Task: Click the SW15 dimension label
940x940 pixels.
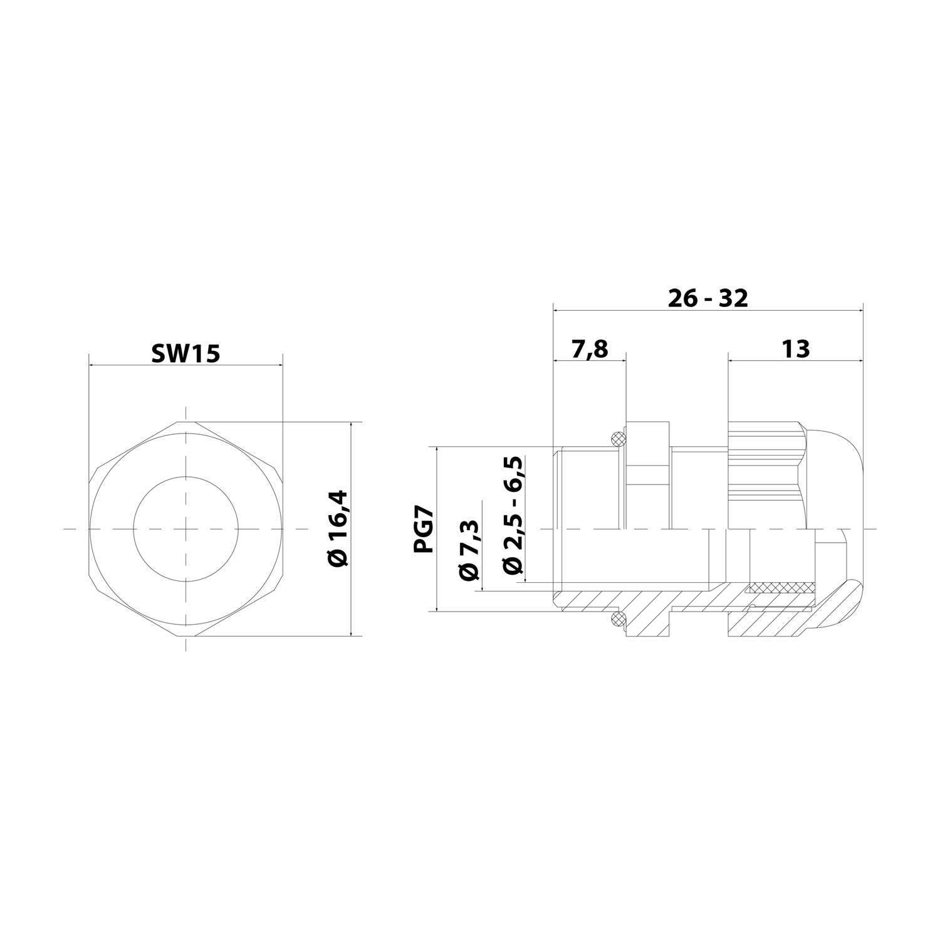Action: pos(185,353)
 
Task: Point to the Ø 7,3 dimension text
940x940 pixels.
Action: pos(470,550)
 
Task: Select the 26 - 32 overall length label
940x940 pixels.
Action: pos(708,298)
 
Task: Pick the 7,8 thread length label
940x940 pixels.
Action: pos(590,348)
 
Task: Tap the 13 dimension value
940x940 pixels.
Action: pos(795,348)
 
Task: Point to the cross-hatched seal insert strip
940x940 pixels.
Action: pos(780,588)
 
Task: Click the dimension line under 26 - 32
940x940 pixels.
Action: pos(708,310)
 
